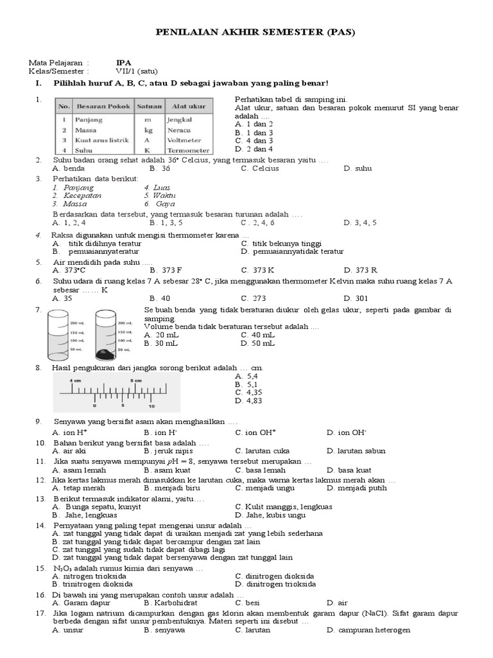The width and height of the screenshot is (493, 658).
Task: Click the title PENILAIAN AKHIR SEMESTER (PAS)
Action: (x=255, y=32)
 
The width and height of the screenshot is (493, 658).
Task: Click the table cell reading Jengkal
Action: (x=179, y=120)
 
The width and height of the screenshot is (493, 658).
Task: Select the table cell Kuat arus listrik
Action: (x=101, y=140)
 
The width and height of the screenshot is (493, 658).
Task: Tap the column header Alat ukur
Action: (x=184, y=105)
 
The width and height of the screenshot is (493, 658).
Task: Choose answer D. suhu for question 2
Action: (x=358, y=168)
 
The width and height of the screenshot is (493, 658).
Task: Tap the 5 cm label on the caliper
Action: (x=136, y=380)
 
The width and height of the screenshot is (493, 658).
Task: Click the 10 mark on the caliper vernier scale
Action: (x=151, y=406)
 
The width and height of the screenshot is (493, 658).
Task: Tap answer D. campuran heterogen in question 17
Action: (x=368, y=630)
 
